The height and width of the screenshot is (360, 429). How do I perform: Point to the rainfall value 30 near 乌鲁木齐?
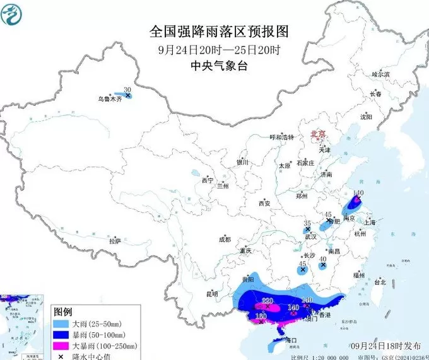(x=127, y=90)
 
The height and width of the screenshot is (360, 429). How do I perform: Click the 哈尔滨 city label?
(x=380, y=74)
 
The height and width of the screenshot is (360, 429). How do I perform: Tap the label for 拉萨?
(x=114, y=241)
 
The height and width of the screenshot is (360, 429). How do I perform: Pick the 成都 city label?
(x=225, y=240)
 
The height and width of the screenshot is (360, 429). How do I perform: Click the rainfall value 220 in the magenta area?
(x=267, y=300)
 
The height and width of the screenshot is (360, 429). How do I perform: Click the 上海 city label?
(x=369, y=223)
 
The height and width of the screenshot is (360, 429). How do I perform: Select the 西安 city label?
(x=264, y=203)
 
